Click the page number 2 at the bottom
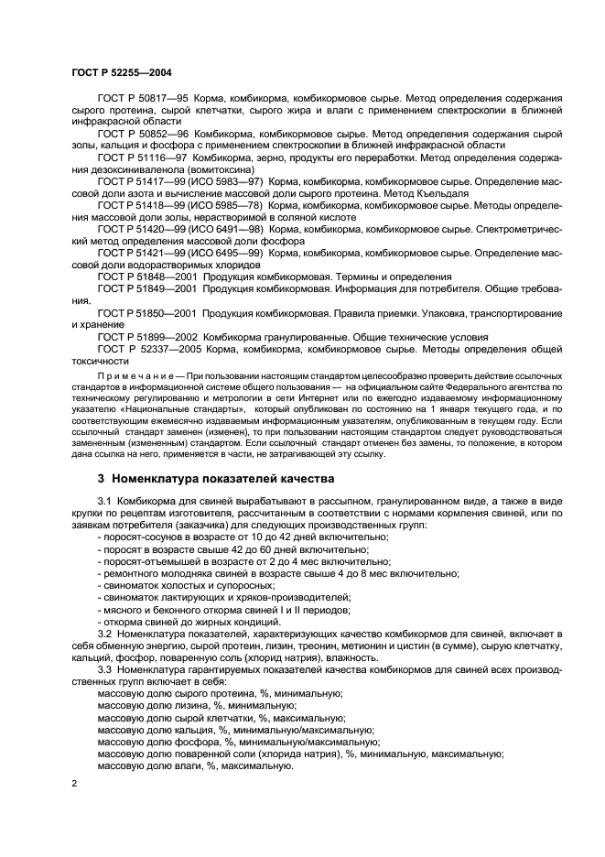(75, 784)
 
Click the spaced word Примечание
(138, 376)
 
